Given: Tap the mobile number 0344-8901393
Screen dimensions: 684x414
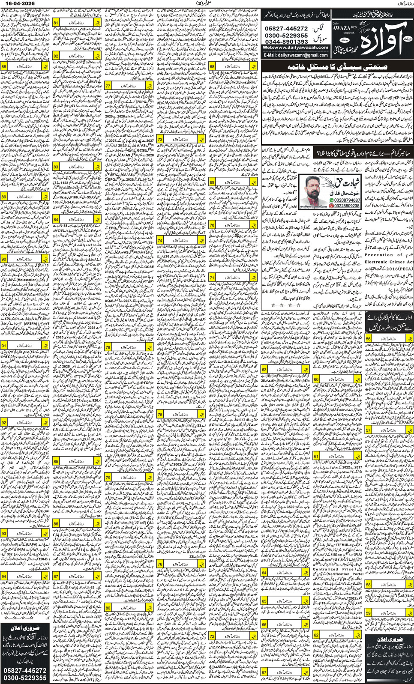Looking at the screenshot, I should pyautogui.click(x=287, y=42).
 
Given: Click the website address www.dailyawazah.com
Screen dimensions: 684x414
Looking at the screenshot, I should pyautogui.click(x=295, y=48).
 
